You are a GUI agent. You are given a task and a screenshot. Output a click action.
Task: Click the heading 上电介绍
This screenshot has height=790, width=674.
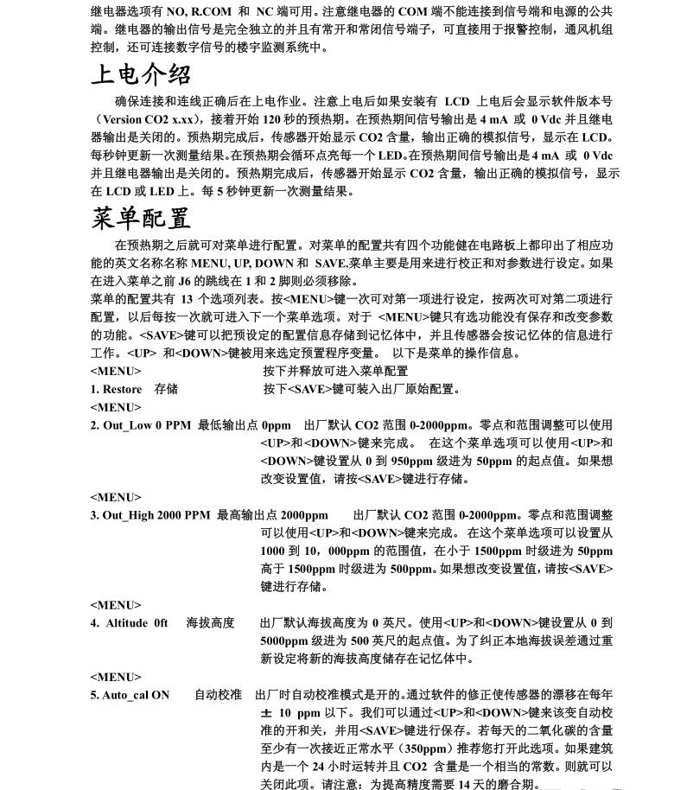tap(141, 75)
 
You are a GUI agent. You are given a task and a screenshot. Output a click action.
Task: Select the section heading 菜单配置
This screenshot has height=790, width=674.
tap(141, 217)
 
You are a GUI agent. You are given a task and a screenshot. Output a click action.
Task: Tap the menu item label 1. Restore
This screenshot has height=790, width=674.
tap(117, 389)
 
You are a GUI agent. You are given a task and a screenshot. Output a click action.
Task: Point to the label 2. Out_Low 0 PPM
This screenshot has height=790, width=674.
tap(141, 425)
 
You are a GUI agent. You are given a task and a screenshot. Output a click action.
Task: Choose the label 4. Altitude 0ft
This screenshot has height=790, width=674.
tap(130, 623)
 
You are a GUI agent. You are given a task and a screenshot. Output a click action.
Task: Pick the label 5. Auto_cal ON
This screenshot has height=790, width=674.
tap(130, 695)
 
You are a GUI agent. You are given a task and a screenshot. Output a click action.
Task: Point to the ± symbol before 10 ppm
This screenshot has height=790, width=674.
tap(266, 713)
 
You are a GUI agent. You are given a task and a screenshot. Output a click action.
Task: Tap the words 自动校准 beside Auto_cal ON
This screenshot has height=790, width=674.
tap(218, 695)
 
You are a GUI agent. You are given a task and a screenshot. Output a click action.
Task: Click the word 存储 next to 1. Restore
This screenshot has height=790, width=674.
tap(166, 389)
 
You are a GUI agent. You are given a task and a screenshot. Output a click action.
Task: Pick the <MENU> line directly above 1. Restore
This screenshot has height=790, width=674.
tap(116, 371)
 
